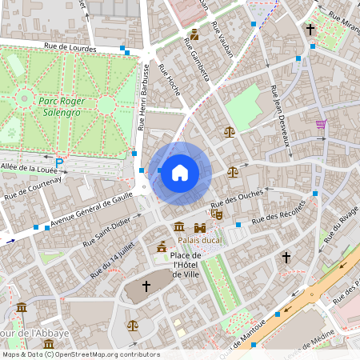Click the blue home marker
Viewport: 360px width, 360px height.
[180, 173]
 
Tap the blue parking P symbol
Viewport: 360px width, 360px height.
[58, 162]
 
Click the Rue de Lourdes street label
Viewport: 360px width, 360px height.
[70, 47]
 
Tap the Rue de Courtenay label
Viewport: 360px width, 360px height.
[34, 189]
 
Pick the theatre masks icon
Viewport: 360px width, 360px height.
[216, 214]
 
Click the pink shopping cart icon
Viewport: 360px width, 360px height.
[321, 125]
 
